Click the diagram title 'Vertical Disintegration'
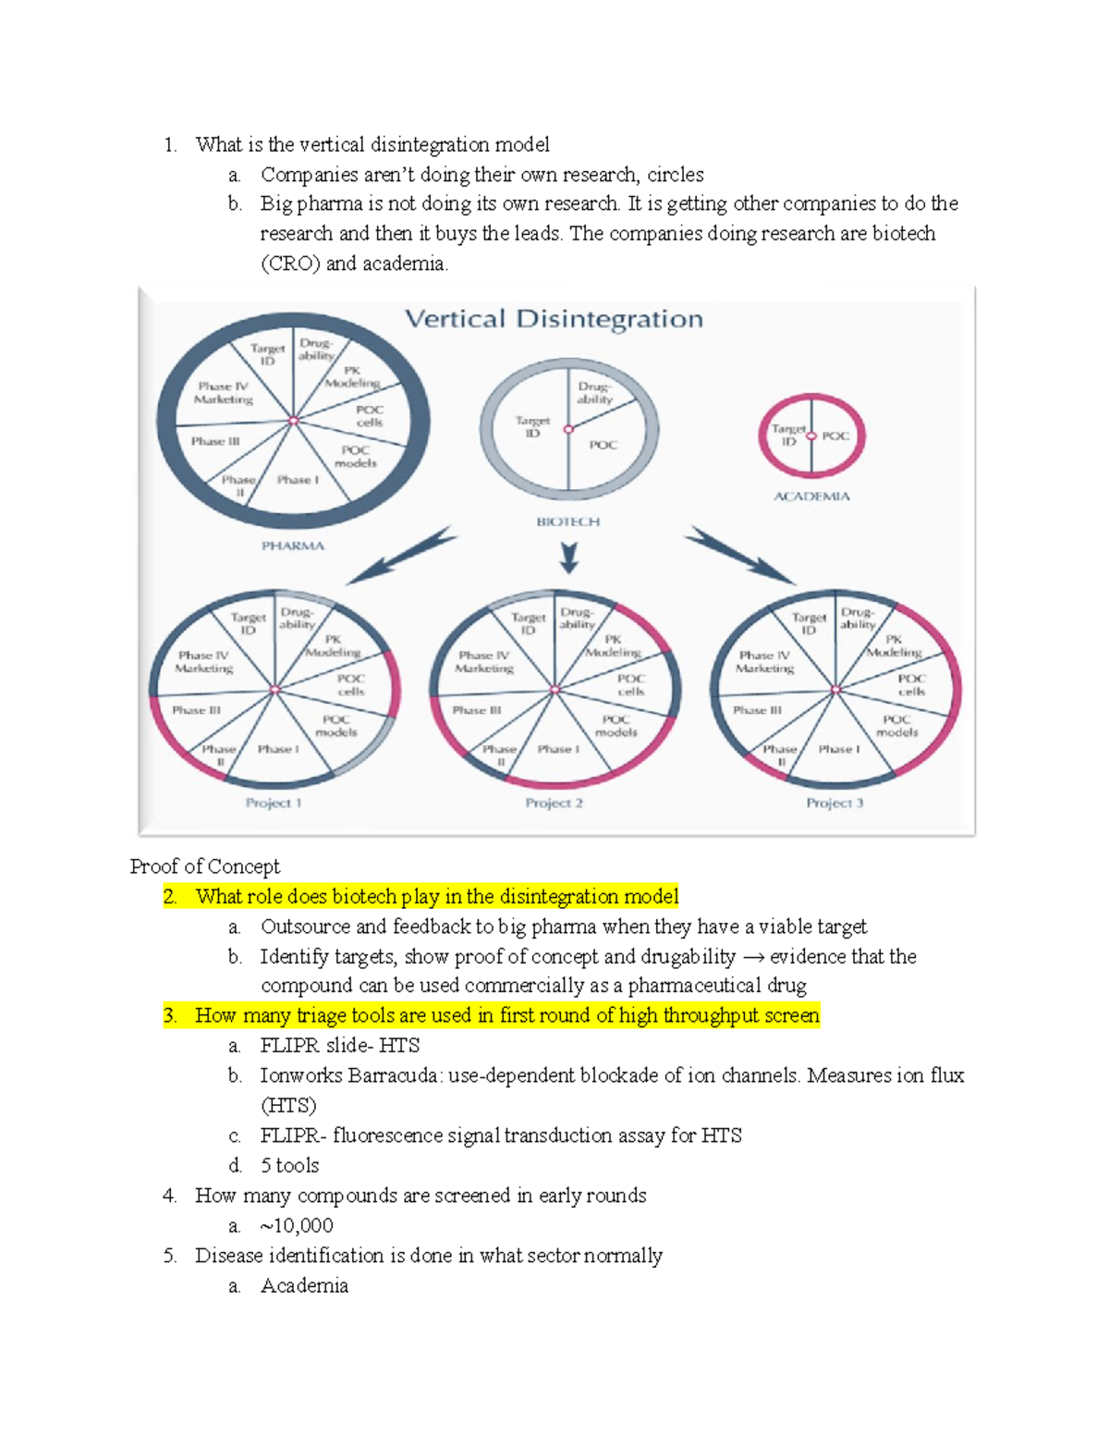[x=554, y=319]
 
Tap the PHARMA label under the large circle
[x=293, y=546]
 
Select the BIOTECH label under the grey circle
[x=568, y=522]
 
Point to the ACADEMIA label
[x=811, y=497]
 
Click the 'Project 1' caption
[x=274, y=803]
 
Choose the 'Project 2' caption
[x=554, y=803]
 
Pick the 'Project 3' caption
[x=835, y=803]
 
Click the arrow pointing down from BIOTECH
[x=568, y=557]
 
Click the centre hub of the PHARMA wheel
[x=294, y=421]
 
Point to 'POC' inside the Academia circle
[x=835, y=436]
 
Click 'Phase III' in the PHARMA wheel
[x=215, y=441]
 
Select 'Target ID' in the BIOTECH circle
[x=532, y=426]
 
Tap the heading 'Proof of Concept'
[x=204, y=866]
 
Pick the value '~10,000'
[x=297, y=1225]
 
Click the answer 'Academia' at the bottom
[x=304, y=1285]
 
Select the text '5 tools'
[x=289, y=1165]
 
